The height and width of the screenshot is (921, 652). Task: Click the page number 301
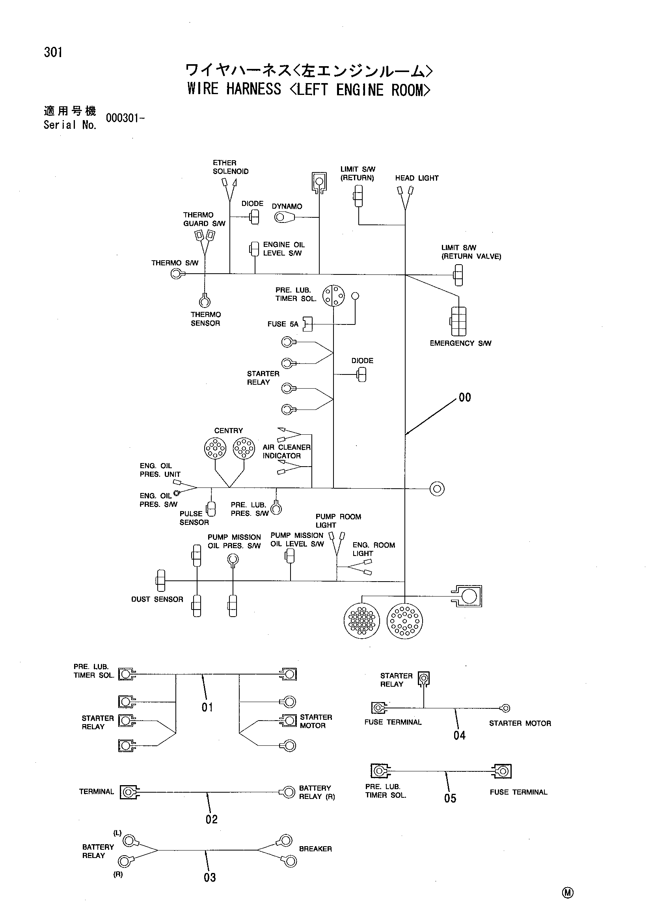[x=53, y=52]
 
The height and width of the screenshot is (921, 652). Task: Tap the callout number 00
[x=464, y=397]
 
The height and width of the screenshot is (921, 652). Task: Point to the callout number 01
[x=207, y=707]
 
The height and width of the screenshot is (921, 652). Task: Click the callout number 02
[x=212, y=819]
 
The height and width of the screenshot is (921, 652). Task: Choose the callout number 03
[x=210, y=877]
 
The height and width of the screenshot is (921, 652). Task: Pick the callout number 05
[x=450, y=798]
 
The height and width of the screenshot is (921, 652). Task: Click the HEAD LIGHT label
[x=417, y=178]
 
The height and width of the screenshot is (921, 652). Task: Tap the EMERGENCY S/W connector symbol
[x=458, y=321]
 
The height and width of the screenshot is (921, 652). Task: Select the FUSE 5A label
[x=283, y=324]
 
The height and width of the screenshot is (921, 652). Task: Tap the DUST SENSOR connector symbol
[x=160, y=580]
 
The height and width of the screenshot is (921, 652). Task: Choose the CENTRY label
[x=229, y=431]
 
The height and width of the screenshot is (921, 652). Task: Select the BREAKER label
[x=316, y=849]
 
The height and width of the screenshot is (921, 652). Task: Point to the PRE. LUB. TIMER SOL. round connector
[x=333, y=296]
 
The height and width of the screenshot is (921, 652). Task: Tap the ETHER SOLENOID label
[x=231, y=167]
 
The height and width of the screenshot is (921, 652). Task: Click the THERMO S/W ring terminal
[x=177, y=274]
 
